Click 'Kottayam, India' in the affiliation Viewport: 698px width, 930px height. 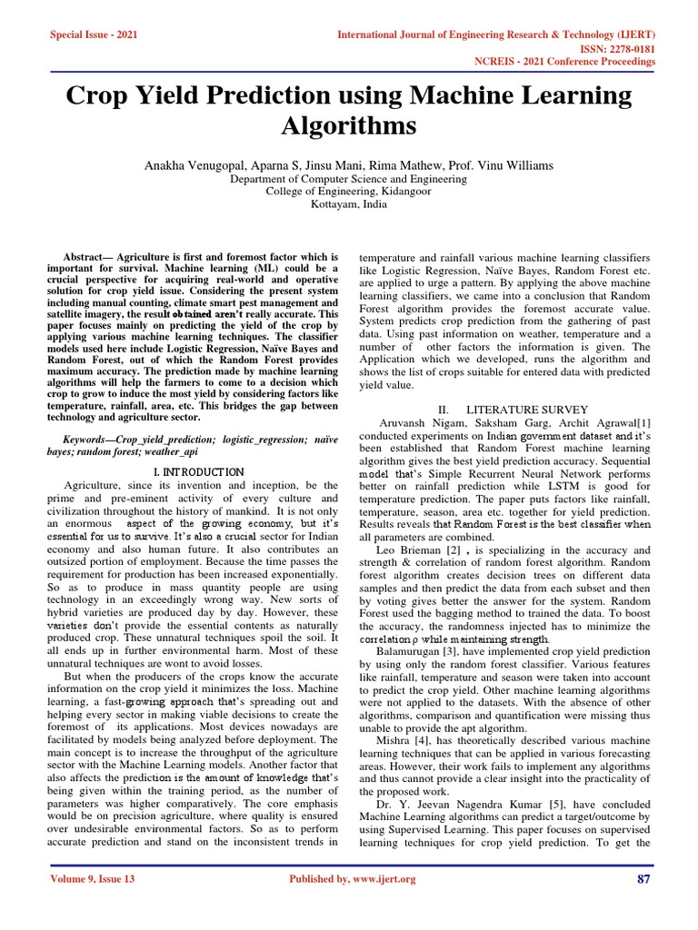tap(349, 204)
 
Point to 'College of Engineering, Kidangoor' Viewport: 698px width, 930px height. tap(349, 192)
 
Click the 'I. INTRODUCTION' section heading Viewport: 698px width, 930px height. tap(198, 472)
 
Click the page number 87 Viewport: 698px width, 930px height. tap(646, 879)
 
